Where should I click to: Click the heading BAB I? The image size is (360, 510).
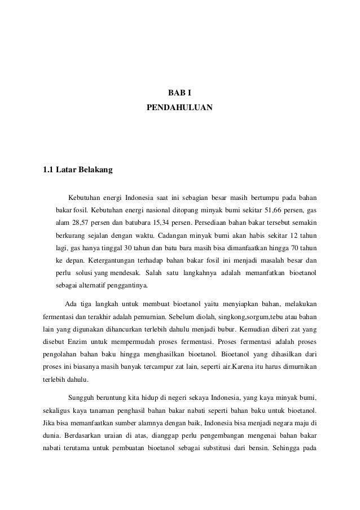point(179,93)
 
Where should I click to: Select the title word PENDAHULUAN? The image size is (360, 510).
point(179,106)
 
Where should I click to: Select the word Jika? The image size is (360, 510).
point(49,422)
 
